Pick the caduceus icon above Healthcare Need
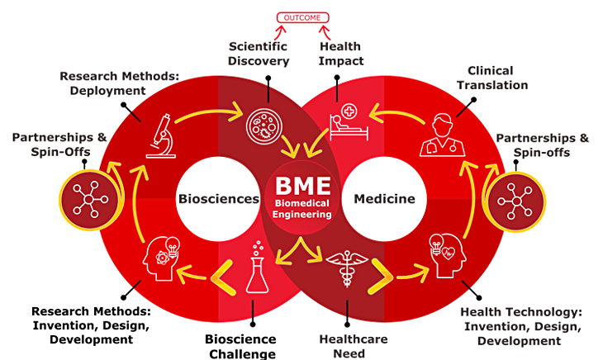point(344,269)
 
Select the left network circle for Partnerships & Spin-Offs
point(88,199)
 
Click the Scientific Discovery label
point(259,53)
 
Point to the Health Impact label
point(340,53)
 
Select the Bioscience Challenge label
point(240,345)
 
